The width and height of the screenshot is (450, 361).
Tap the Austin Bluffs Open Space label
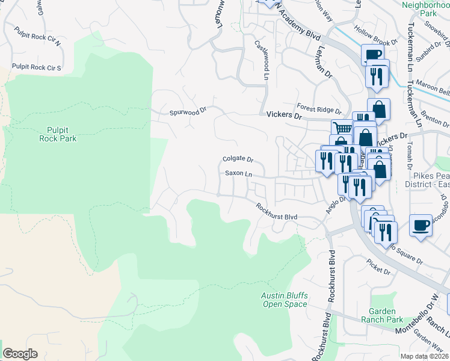click(285, 299)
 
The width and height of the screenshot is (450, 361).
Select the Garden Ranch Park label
click(386, 315)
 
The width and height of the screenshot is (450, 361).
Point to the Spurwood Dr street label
click(188, 111)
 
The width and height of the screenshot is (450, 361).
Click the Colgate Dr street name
click(238, 159)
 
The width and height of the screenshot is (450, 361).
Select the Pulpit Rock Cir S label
click(37, 67)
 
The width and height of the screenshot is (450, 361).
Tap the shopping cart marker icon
click(342, 128)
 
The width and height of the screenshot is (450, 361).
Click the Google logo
click(20, 354)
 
